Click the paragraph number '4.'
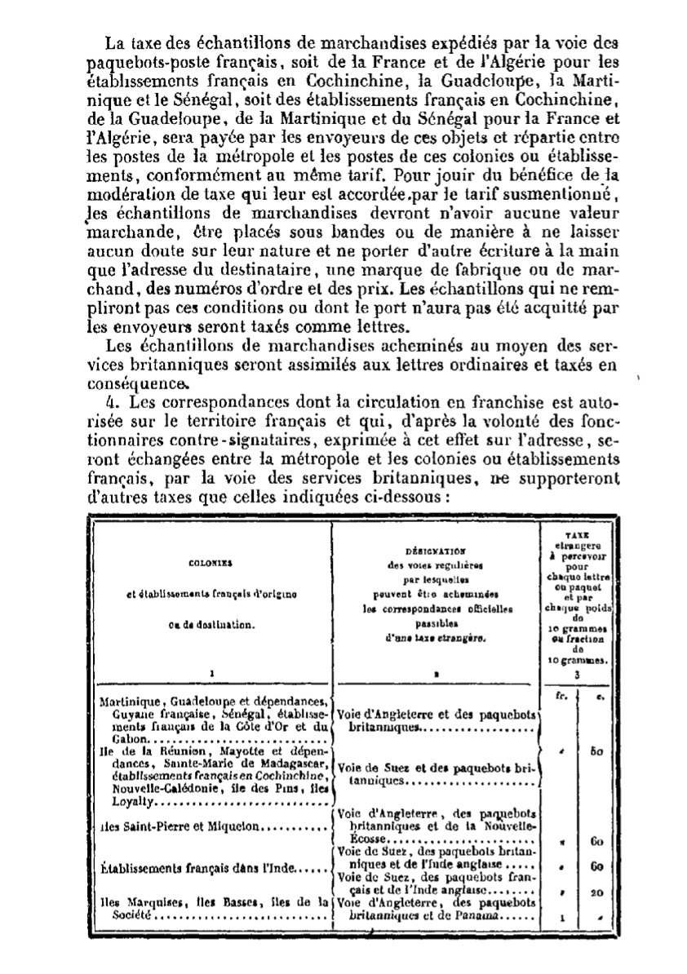click(x=113, y=402)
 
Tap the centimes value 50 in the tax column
click(x=596, y=750)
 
